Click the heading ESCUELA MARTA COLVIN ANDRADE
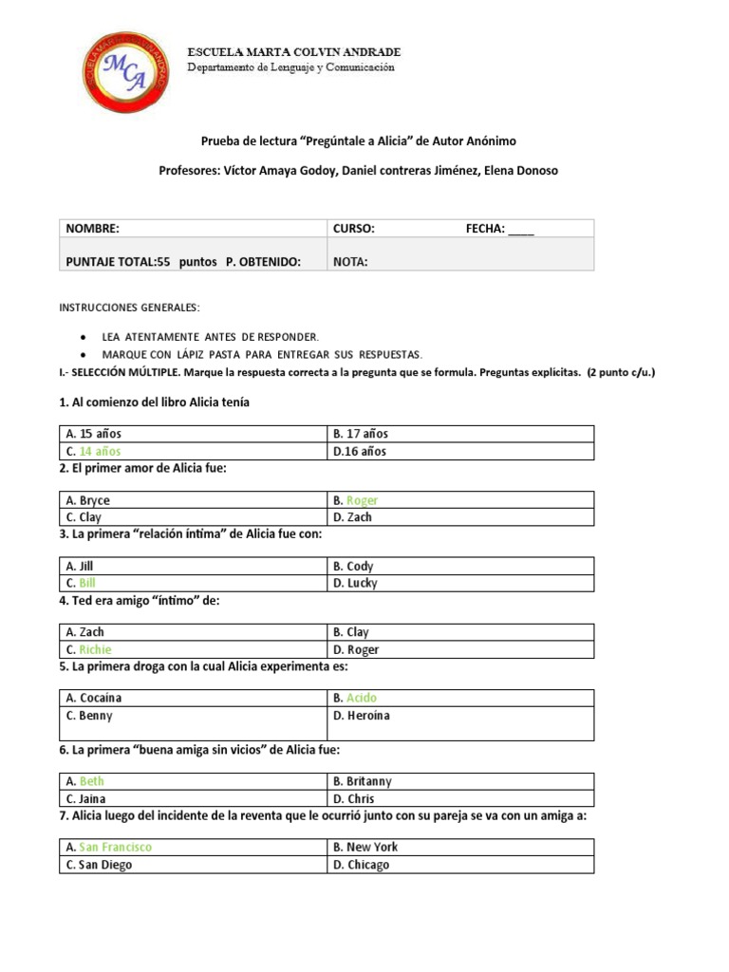(293, 51)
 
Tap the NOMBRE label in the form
(92, 229)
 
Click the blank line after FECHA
(521, 230)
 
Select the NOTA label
(350, 262)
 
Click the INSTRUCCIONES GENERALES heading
(130, 308)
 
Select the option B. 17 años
(360, 434)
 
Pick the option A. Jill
(80, 566)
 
